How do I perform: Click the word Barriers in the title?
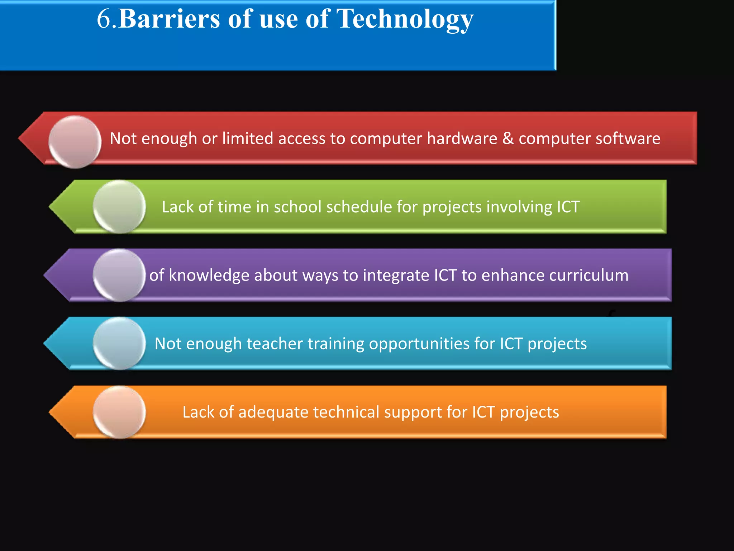[169, 19]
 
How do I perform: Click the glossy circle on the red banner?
[75, 142]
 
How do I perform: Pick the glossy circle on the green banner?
[119, 207]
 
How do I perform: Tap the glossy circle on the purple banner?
[119, 275]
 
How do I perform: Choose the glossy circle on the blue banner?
[119, 343]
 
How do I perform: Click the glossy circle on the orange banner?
[119, 412]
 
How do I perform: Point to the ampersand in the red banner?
[508, 138]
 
